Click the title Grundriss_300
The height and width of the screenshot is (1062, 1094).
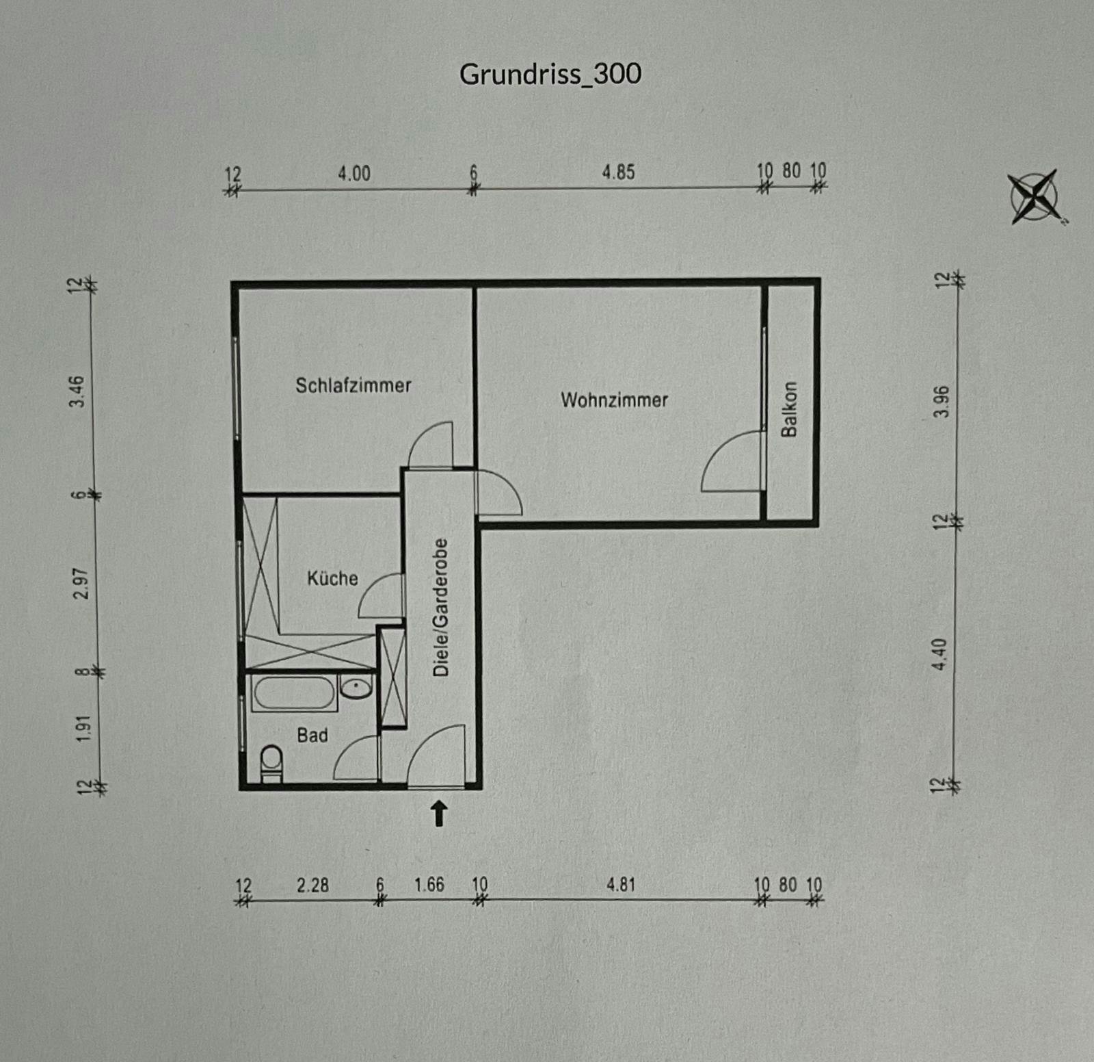550,75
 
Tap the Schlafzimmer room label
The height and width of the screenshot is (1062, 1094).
353,385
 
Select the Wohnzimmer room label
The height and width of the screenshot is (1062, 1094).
614,400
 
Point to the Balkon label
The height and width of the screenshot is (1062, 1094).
789,409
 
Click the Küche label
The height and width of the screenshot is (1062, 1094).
332,578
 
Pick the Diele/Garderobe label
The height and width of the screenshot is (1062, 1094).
441,608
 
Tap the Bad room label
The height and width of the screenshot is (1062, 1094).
312,735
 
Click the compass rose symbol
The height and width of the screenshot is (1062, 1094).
1035,197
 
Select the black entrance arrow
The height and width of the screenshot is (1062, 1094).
439,814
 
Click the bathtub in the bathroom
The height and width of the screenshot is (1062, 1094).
294,692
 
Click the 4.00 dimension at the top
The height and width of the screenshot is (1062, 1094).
354,173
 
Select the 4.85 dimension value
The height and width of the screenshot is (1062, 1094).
619,172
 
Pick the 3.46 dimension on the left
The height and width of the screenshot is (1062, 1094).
78,391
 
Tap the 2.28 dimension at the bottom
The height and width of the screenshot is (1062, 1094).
313,885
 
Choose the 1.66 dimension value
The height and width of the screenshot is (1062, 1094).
429,885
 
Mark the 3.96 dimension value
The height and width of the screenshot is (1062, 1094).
942,402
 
